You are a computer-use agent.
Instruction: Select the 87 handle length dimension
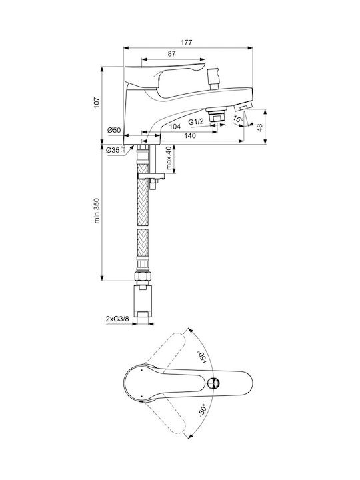coord(172,53)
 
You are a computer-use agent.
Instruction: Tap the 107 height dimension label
coord(97,103)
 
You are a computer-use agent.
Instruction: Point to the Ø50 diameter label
coord(114,130)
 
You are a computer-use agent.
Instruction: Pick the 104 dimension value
coord(175,127)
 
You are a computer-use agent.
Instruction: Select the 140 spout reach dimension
coord(191,135)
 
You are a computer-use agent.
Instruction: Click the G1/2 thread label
coord(196,122)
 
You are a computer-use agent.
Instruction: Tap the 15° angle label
coord(239,119)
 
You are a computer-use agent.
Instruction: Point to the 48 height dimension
coord(260,127)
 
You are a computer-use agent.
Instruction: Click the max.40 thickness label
coord(169,158)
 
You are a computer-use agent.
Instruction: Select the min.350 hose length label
coord(97,211)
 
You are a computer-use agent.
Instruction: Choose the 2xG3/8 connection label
coord(117,319)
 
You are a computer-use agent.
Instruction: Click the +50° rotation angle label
coord(202,357)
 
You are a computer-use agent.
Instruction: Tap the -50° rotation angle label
coord(203,410)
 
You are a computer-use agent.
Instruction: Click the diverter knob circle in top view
coord(213,383)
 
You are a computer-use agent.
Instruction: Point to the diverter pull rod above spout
coord(213,79)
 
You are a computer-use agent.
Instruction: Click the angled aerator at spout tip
coord(243,107)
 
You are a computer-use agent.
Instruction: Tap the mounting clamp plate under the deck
coord(151,176)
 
